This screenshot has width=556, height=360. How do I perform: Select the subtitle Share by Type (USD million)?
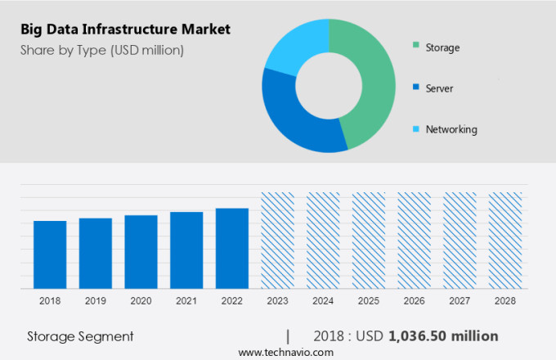(x=102, y=51)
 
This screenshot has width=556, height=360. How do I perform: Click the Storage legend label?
(x=442, y=47)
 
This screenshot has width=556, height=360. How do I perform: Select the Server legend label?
(x=439, y=88)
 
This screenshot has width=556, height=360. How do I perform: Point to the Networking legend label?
(x=451, y=129)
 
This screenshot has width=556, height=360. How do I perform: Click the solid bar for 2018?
(x=50, y=254)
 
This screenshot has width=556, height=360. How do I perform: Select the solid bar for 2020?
(x=141, y=252)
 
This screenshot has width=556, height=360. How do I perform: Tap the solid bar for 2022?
(x=232, y=248)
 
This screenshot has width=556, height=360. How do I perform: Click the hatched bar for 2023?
(x=277, y=241)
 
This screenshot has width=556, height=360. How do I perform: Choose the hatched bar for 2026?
(x=414, y=241)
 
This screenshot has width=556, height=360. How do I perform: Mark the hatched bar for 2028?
(x=504, y=241)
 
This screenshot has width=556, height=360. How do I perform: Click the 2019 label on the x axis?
(x=95, y=301)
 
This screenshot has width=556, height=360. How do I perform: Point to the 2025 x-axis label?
(x=368, y=301)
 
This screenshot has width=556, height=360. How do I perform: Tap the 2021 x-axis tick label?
(x=186, y=301)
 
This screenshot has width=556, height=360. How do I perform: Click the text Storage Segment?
(x=80, y=336)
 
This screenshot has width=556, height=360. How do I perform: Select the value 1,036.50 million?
(x=443, y=336)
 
